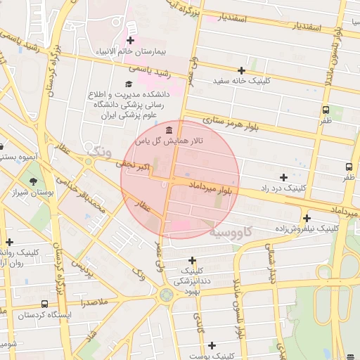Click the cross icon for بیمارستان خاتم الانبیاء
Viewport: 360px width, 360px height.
(131, 40)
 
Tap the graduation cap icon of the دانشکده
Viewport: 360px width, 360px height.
(128, 84)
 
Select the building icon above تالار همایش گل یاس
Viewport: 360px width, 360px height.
(169, 130)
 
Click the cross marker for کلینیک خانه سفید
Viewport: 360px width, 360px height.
(242, 70)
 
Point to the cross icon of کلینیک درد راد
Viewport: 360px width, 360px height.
(283, 177)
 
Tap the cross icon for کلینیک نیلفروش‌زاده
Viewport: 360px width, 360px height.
(306, 218)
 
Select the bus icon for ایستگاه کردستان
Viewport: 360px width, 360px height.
(44, 304)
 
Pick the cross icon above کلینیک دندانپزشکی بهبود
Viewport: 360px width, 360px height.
(191, 261)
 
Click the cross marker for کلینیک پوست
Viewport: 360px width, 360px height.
(212, 345)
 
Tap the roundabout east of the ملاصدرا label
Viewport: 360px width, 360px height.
(166, 295)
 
